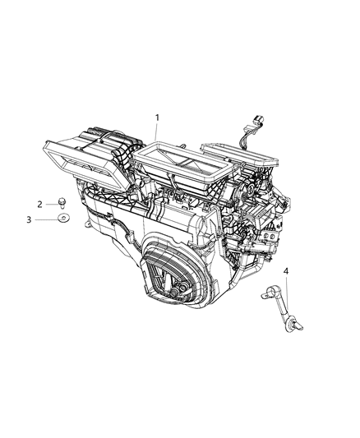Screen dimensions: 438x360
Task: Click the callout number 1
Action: pos(157,118)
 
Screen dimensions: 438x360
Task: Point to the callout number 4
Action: pos(286,270)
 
